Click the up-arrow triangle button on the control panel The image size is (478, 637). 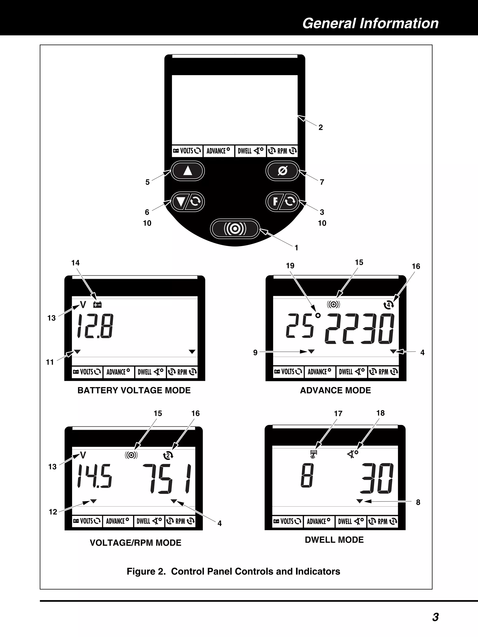pos(188,171)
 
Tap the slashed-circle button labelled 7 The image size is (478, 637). pos(282,171)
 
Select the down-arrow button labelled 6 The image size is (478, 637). pos(188,202)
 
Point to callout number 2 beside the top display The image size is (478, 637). pos(321,128)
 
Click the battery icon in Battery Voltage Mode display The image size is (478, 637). pos(97,305)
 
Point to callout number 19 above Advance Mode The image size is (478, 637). pos(290,266)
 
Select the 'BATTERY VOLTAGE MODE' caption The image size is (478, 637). pos(134,390)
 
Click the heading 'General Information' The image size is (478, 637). pos(370,23)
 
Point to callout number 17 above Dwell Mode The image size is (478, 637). pos(338,414)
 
